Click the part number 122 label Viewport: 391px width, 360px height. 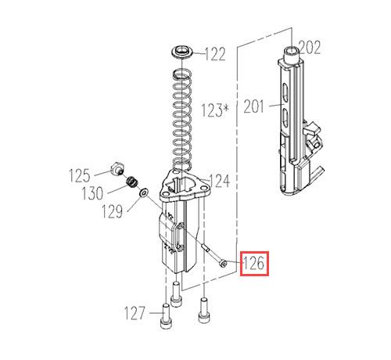[215, 54]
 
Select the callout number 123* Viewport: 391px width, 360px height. [214, 110]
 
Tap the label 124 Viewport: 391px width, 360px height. [220, 181]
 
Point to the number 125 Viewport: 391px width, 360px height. [80, 175]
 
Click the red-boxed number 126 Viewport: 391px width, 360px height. [253, 264]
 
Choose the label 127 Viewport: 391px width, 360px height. [135, 313]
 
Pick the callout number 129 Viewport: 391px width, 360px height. [112, 211]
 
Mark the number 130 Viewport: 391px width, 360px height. [92, 193]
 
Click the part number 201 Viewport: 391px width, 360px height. [254, 106]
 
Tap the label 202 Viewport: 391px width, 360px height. [310, 48]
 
